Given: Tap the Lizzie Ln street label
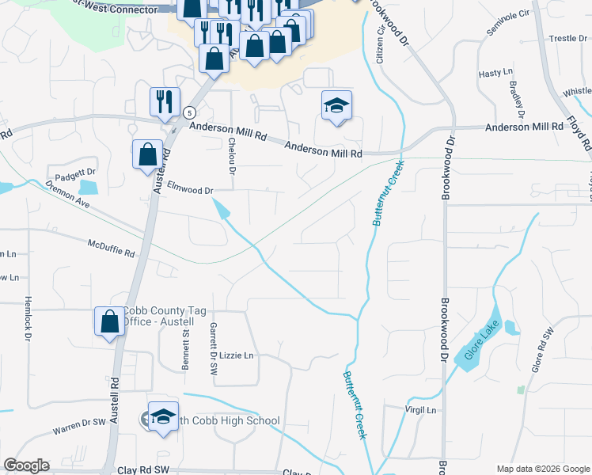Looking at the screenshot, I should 237,355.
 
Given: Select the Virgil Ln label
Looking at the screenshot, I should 419,410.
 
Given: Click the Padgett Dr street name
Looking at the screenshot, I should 75,172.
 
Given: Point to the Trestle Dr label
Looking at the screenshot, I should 567,38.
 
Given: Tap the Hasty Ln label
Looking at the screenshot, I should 496,73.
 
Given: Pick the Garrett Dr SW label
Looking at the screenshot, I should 212,348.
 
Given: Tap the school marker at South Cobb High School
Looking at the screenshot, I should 163,417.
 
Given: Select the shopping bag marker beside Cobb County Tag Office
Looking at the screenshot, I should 109,321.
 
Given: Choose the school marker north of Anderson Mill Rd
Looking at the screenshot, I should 336,105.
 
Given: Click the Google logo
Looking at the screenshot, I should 27,465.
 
